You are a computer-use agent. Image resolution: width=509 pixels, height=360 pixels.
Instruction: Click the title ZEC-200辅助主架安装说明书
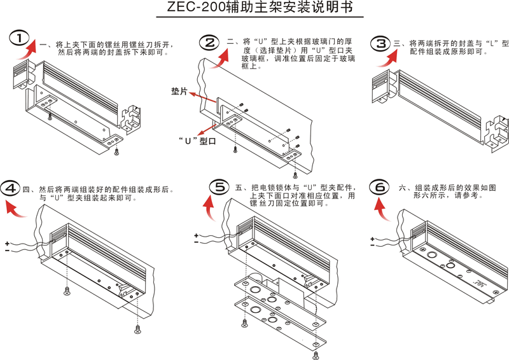(x=254, y=9)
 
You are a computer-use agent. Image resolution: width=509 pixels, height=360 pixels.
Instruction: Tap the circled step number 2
(x=208, y=43)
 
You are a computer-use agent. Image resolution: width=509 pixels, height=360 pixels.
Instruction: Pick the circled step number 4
(x=11, y=189)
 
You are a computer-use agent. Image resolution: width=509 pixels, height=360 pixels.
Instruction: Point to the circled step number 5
(x=218, y=186)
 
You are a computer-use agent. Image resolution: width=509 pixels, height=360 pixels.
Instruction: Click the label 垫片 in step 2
(x=179, y=92)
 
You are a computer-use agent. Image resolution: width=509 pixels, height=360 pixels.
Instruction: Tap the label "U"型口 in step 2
(x=196, y=141)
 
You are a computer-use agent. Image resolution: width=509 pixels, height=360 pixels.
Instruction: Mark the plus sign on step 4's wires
(x=6, y=243)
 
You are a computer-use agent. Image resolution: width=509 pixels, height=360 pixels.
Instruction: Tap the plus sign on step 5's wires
(x=197, y=235)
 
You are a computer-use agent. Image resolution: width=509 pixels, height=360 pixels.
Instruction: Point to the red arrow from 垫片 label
(x=204, y=97)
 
